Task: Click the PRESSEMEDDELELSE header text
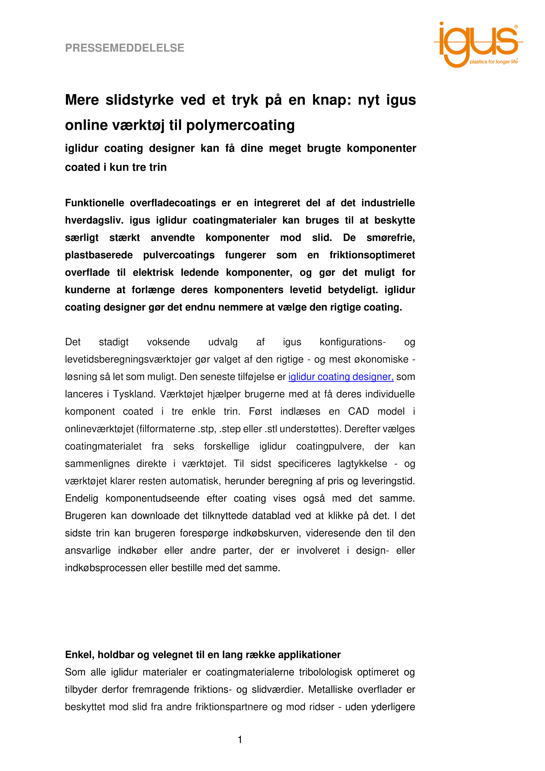[x=125, y=48]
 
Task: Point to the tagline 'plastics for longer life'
[x=493, y=62]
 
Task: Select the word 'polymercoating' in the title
[x=240, y=125]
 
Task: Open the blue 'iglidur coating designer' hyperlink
[x=341, y=377]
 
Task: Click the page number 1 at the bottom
[x=240, y=740]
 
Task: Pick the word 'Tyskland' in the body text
[x=134, y=394]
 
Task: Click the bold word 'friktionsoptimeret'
[x=372, y=255]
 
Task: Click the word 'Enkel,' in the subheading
[x=80, y=655]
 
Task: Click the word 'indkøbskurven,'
[x=266, y=533]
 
